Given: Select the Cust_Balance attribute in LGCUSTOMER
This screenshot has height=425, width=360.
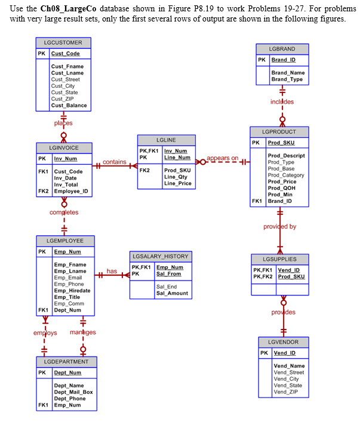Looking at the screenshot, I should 69,106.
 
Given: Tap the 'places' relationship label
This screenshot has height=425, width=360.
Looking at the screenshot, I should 63,123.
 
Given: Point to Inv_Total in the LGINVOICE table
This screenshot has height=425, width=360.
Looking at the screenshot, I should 65,184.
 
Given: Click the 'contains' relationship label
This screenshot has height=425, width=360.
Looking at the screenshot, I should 114,162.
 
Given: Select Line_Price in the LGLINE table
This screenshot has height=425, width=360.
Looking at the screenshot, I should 178,183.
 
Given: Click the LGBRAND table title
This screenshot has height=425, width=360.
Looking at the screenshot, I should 282,49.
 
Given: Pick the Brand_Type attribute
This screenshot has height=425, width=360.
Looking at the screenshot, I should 287,79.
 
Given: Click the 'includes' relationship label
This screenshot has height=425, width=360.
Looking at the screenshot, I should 282,102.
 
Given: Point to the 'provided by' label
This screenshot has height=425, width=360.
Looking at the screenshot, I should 279,226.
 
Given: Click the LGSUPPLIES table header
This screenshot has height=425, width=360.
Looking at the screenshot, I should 279,260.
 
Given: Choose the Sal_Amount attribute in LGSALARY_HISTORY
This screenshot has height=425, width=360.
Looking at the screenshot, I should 172,293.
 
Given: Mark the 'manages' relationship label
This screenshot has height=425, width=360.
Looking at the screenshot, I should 84,332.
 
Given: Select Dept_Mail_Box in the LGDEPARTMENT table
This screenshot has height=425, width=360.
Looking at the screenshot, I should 73,392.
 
